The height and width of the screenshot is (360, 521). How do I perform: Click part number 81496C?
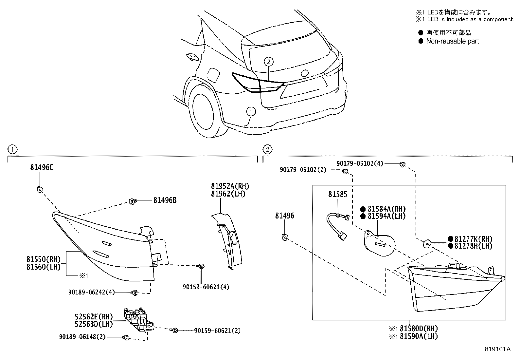(x=42, y=167)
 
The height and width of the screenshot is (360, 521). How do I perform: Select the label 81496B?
(x=165, y=200)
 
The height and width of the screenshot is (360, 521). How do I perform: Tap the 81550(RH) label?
(x=44, y=260)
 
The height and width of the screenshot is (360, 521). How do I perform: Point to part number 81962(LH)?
(x=228, y=194)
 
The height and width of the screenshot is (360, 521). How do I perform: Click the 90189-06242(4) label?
(x=92, y=292)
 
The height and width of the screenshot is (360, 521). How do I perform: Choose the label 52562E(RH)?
(x=94, y=317)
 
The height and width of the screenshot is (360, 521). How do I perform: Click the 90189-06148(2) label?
(x=82, y=337)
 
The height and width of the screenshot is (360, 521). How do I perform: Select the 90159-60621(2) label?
(x=217, y=331)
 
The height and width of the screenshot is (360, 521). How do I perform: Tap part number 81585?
(x=338, y=194)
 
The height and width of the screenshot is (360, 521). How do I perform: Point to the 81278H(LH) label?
(x=473, y=246)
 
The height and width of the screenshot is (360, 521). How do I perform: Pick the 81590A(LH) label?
(x=419, y=336)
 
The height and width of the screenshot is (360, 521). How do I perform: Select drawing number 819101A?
(x=497, y=349)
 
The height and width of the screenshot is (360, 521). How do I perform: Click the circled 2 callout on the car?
(x=268, y=61)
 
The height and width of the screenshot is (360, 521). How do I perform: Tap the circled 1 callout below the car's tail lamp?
(x=251, y=112)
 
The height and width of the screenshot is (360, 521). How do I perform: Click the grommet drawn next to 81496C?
(x=40, y=190)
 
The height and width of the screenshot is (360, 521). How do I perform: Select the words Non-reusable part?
(x=452, y=41)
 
